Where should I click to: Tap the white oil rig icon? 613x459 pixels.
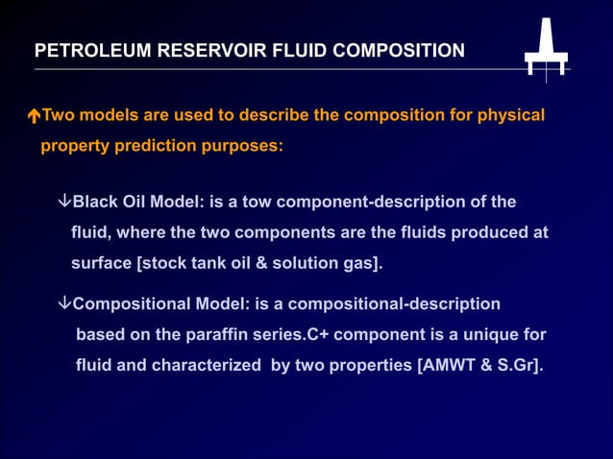pos(546,47)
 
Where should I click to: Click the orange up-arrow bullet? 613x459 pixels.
pos(34,117)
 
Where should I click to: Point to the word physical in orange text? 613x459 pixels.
pos(510,115)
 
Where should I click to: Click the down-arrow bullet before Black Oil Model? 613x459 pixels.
pos(64,202)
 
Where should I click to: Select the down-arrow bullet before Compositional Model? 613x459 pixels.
pos(64,303)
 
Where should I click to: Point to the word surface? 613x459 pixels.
pos(101,263)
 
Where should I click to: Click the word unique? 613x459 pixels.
pos(481,334)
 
